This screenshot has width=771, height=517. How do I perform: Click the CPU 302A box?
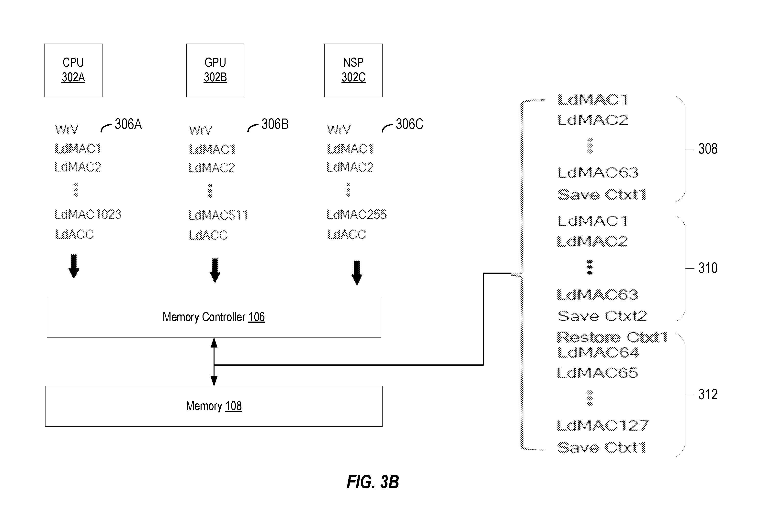73,70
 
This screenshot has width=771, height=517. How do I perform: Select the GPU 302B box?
215,70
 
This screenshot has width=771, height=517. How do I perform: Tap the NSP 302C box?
353,70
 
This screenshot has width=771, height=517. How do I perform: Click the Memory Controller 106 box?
214,317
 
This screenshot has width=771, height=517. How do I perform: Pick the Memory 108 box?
214,406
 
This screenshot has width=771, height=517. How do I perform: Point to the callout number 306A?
128,124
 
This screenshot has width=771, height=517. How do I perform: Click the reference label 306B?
275,124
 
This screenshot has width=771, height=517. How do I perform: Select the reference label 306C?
409,124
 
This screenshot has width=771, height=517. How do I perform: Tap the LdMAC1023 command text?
88,215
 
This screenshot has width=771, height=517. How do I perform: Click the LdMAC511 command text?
218,215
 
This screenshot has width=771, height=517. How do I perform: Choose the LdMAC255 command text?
357,215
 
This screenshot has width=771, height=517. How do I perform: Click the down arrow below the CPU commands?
74,266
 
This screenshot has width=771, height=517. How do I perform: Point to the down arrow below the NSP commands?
357,272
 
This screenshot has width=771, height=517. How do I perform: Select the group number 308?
708,149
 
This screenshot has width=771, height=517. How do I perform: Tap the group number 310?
708,268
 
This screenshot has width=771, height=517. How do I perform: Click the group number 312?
708,394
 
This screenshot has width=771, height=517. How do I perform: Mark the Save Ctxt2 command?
602,316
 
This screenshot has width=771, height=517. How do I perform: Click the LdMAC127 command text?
603,425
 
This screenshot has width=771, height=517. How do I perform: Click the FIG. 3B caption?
373,482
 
